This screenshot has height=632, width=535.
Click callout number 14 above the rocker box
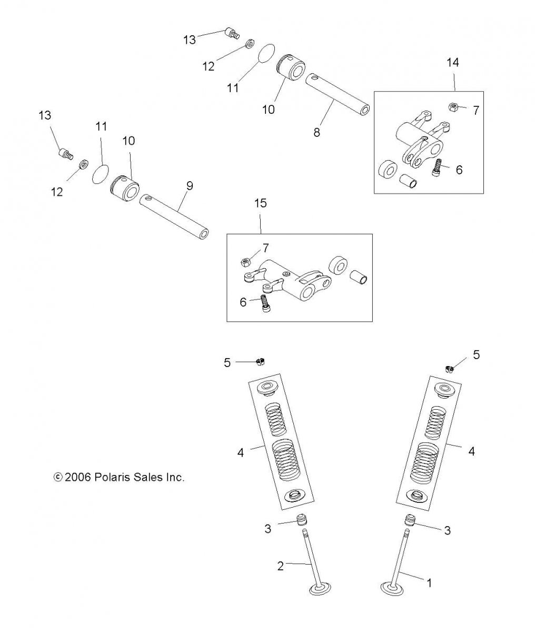(452, 63)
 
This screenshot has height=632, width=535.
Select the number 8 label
(316, 133)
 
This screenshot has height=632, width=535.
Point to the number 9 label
(190, 185)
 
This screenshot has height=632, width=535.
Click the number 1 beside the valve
(429, 583)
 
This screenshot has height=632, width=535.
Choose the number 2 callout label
(281, 566)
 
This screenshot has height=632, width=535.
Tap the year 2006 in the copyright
(78, 478)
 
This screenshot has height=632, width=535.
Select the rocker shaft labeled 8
(338, 93)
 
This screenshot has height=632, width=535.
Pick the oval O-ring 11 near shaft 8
(267, 54)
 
